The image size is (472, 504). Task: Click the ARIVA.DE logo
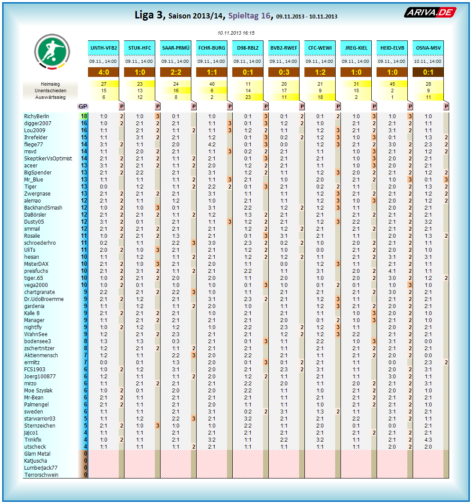[x=430, y=13]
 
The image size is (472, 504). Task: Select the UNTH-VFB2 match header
[x=104, y=47]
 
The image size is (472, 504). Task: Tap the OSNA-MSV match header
[x=428, y=47]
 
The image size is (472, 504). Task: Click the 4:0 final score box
[x=104, y=72]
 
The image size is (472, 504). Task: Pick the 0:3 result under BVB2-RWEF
[x=284, y=72]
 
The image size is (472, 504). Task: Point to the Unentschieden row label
[x=51, y=91]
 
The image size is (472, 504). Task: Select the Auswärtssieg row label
[x=51, y=97]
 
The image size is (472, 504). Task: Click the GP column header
[x=83, y=106]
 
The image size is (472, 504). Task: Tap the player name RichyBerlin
[x=37, y=116]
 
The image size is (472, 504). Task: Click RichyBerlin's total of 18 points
[x=84, y=116]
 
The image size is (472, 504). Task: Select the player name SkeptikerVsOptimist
[x=48, y=159]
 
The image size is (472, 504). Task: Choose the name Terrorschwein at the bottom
[x=41, y=475]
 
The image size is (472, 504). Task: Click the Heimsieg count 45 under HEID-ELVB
[x=392, y=84]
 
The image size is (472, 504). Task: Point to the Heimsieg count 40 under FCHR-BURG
[x=212, y=84]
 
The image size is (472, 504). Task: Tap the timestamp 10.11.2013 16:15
[x=236, y=33]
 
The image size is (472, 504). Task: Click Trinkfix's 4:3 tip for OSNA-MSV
[x=428, y=440]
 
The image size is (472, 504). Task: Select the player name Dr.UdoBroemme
[x=44, y=299]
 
